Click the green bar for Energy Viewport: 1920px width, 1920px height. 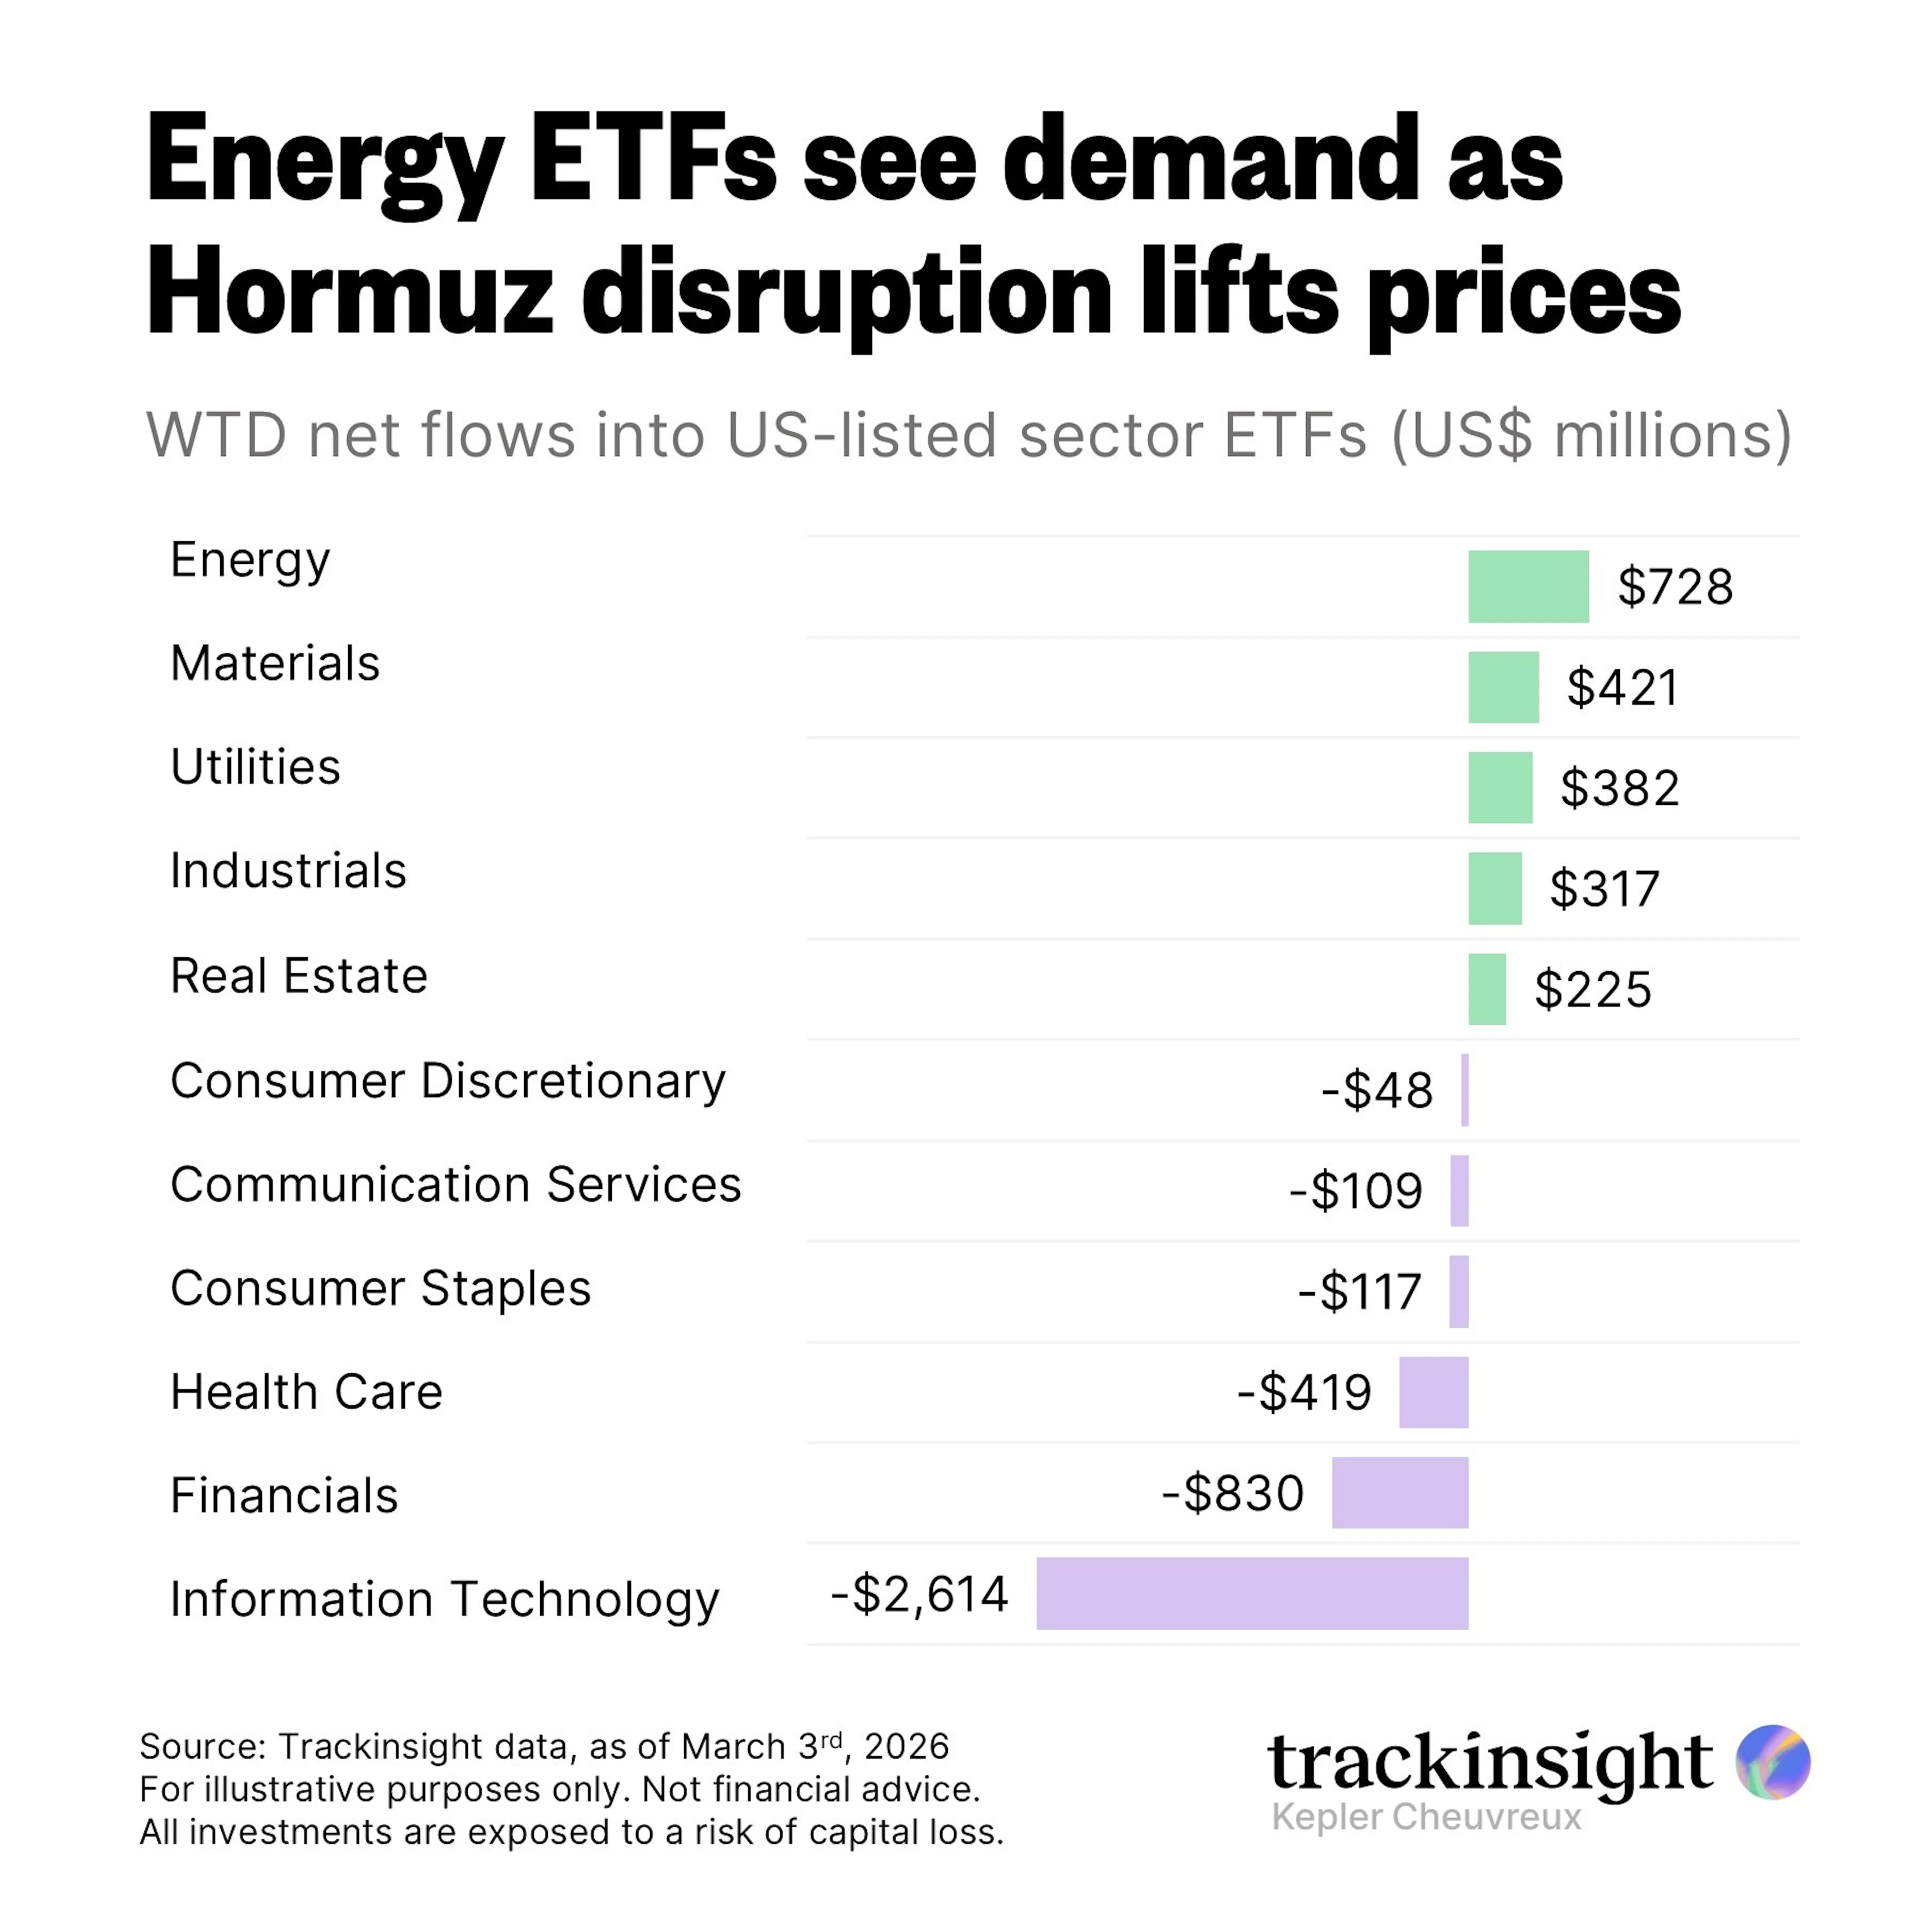click(1527, 586)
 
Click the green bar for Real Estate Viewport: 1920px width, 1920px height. click(1486, 989)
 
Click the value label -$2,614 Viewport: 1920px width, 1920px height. click(919, 1593)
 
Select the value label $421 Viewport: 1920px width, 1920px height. click(1623, 687)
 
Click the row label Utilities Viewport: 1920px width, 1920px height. click(255, 767)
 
